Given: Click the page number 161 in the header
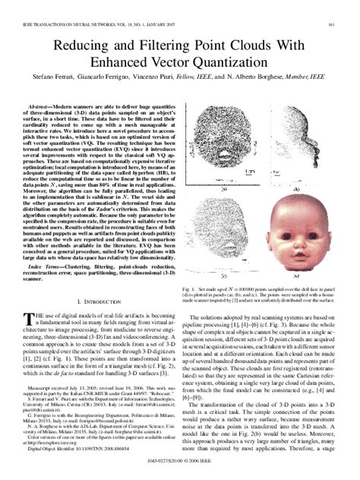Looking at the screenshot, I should point(333,25).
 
